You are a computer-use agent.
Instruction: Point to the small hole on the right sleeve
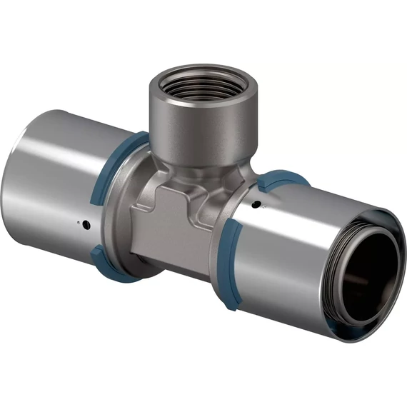(x=255, y=208)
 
